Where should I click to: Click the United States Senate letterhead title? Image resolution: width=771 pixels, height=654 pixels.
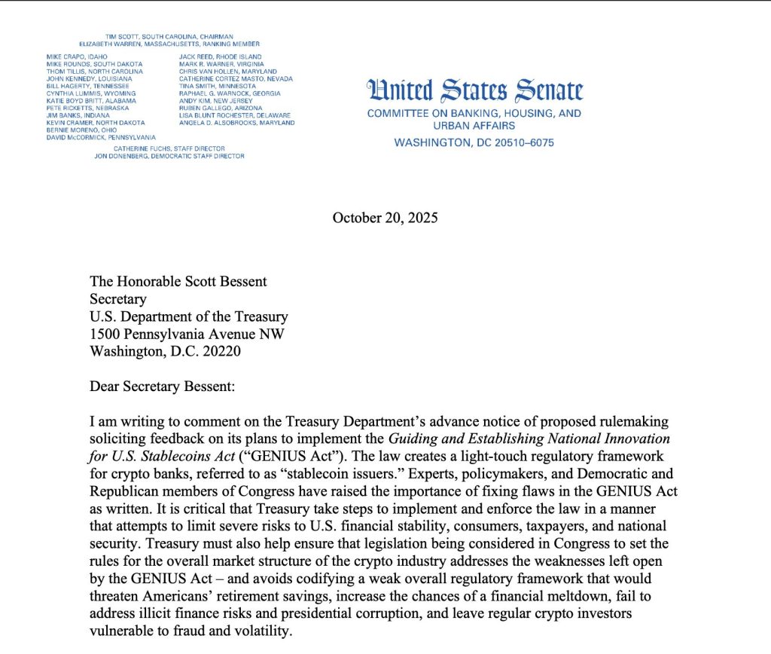coord(474,91)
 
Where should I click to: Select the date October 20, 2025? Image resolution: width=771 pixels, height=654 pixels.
coord(385,218)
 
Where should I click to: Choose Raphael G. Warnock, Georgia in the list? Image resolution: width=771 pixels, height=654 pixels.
coord(229,93)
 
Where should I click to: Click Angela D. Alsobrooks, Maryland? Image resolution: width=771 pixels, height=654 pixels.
coord(236,123)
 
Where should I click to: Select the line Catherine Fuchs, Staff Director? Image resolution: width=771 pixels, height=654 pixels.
coord(169,148)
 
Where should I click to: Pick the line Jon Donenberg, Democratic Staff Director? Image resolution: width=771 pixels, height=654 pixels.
coord(169,156)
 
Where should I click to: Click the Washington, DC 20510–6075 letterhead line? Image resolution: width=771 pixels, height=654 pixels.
coord(474,142)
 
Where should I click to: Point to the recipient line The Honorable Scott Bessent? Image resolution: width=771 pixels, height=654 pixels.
coord(178,282)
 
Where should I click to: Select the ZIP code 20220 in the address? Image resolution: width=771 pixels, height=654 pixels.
coord(224,351)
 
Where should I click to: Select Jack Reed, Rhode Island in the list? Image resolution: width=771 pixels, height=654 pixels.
coord(220,57)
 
